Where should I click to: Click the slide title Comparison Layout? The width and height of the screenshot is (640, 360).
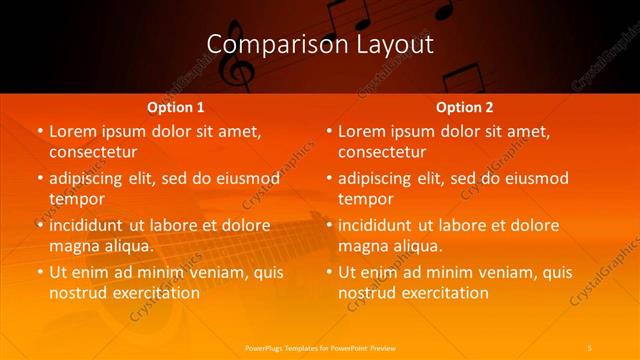[x=320, y=45]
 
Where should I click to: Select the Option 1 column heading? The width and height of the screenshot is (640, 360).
[x=175, y=107]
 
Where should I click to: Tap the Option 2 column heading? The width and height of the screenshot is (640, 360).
[x=465, y=107]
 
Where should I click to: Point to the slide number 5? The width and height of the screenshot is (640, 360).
[x=591, y=347]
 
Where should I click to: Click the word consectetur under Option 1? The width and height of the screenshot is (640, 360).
[x=92, y=152]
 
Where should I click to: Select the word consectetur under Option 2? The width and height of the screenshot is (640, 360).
[x=382, y=152]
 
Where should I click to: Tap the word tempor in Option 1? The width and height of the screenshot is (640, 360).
[x=76, y=199]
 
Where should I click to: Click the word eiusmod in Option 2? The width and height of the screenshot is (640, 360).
[x=536, y=179]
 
